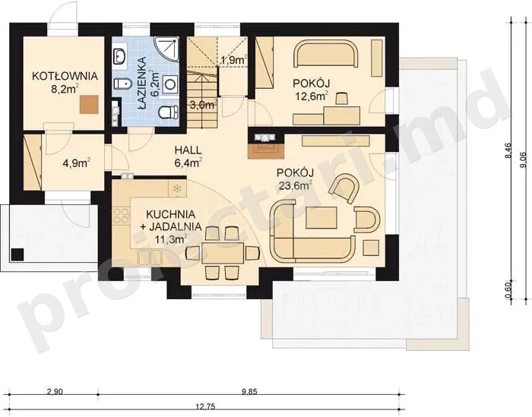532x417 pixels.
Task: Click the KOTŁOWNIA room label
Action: click(65, 76)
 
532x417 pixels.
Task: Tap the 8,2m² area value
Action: click(65, 89)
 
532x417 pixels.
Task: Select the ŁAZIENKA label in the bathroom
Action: click(142, 84)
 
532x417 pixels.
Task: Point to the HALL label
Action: click(188, 150)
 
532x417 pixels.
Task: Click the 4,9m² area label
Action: click(76, 163)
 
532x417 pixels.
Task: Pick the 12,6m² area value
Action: click(312, 96)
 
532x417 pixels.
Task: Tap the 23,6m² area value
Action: click(295, 185)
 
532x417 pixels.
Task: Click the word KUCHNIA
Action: click(171, 214)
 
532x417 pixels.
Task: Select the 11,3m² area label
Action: click(171, 240)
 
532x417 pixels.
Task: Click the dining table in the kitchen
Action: click(223, 253)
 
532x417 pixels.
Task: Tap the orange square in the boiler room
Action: click(89, 104)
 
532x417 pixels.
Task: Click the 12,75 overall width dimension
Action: click(207, 406)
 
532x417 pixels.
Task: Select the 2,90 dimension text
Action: click(54, 392)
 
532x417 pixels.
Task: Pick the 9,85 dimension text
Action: click(250, 392)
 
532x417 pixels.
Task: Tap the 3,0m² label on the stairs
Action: click(203, 105)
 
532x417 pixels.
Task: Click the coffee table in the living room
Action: click(321, 218)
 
